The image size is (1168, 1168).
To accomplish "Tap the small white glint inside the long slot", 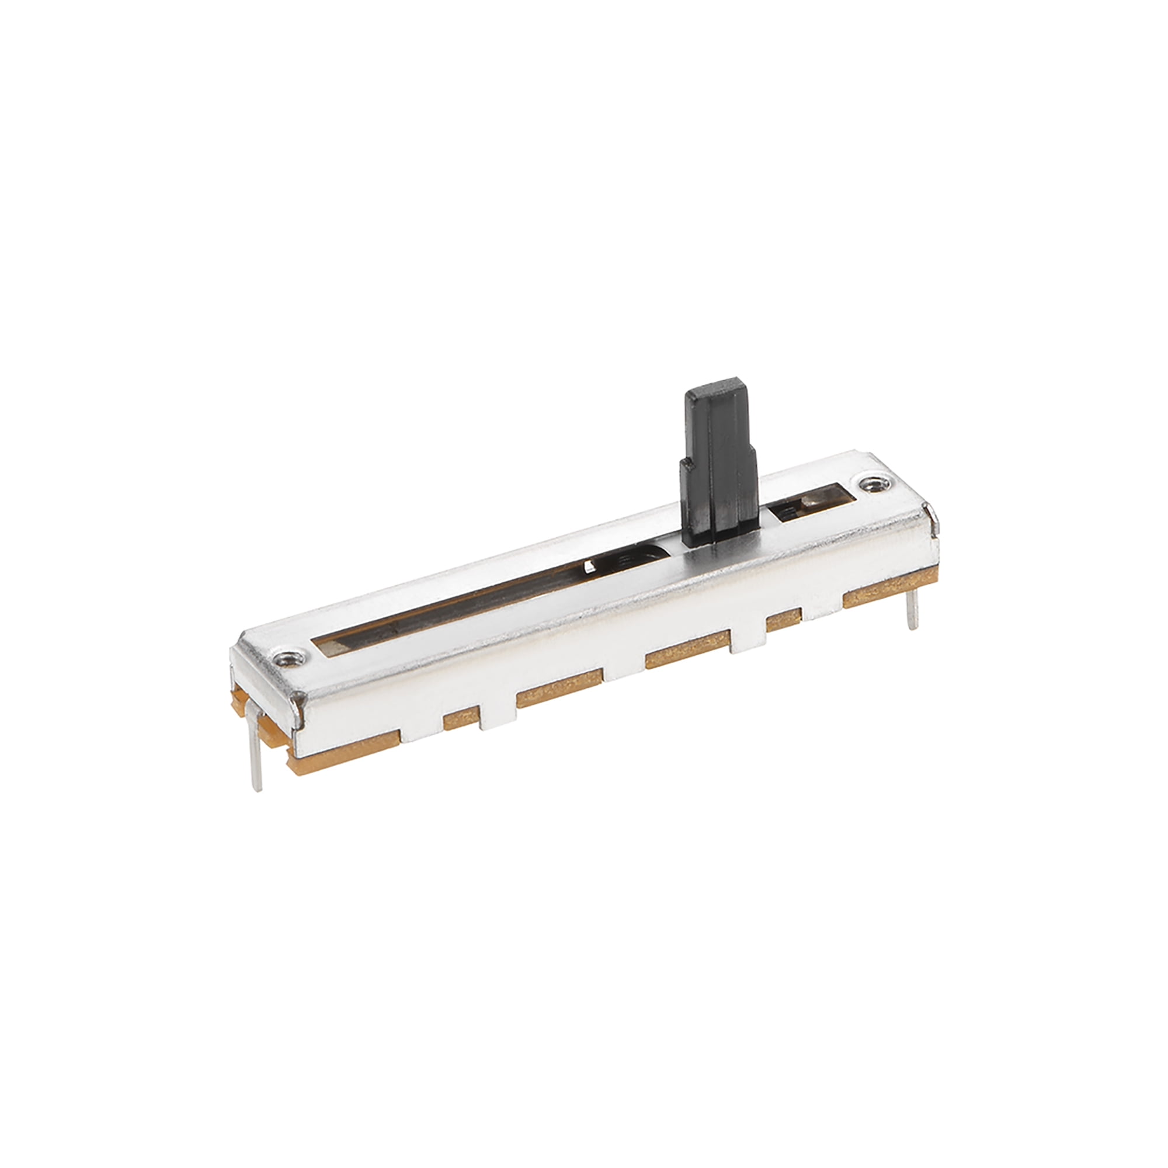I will tap(589, 567).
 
